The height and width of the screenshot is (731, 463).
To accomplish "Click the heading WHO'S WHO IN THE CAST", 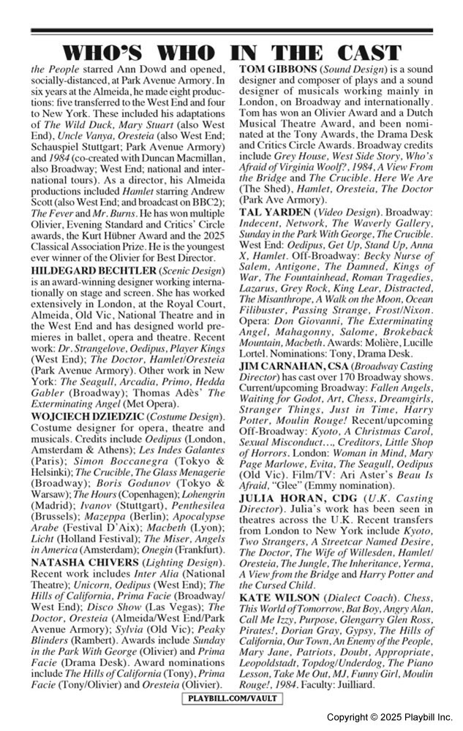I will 231,53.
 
